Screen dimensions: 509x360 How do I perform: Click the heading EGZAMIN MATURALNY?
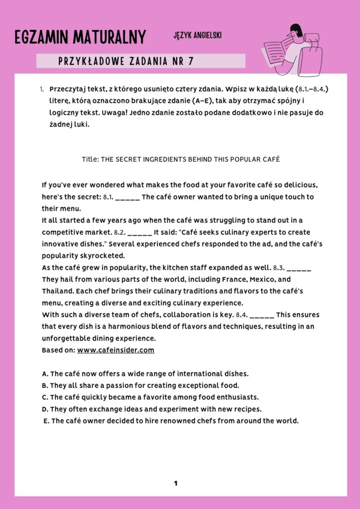coord(80,38)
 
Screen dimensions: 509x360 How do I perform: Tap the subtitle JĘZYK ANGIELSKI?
coord(198,35)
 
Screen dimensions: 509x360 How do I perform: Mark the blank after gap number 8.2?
coord(140,232)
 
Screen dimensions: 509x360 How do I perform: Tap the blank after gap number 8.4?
coord(262,315)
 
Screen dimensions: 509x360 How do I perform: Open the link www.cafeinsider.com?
coord(115,350)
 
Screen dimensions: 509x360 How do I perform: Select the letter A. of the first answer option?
coord(45,374)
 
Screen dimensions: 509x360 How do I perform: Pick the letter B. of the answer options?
coord(45,386)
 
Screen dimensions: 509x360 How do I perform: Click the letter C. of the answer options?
coord(45,398)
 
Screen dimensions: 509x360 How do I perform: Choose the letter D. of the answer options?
coord(45,409)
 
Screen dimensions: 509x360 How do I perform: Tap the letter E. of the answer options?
coord(46,421)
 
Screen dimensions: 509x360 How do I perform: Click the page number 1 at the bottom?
coord(176,484)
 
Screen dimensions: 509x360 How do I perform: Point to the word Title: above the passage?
coord(90,159)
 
